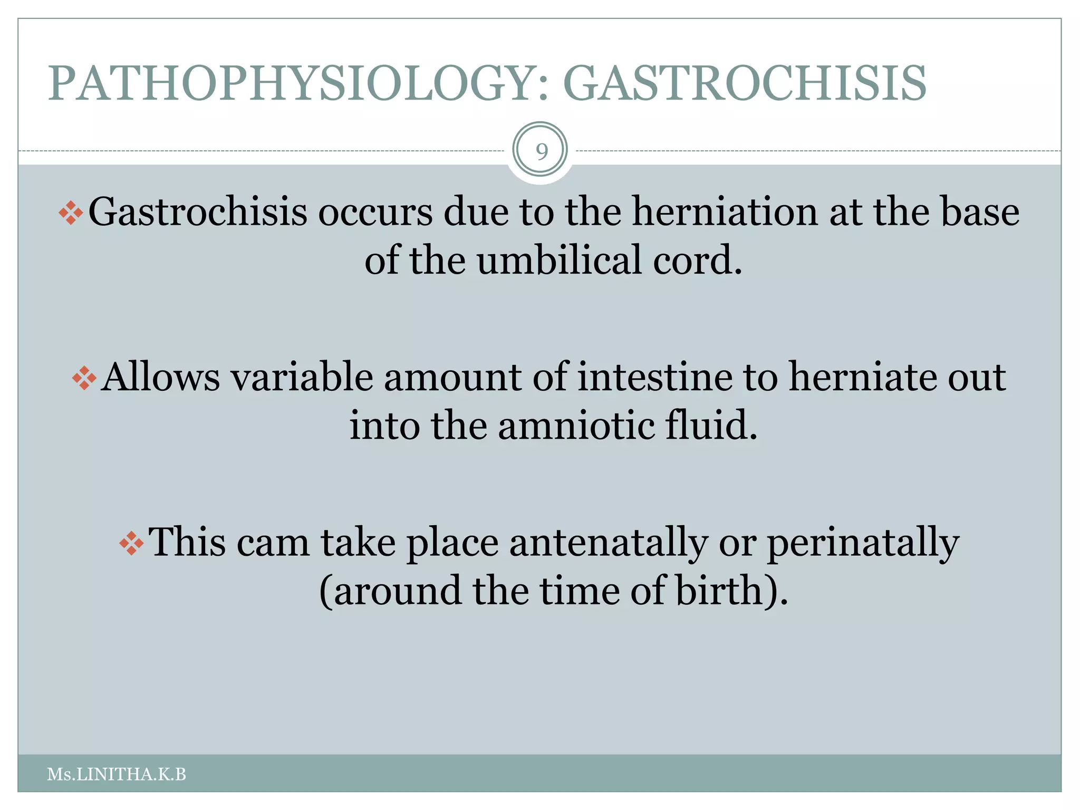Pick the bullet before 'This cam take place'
click(x=131, y=543)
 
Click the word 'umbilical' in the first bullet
click(x=559, y=259)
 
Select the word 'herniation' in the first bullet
click(x=724, y=212)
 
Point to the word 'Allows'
click(x=160, y=378)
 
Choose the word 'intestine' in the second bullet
click(x=654, y=378)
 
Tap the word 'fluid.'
click(x=711, y=425)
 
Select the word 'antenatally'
click(x=608, y=543)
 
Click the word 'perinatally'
click(x=863, y=543)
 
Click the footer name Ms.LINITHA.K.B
click(x=117, y=775)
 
